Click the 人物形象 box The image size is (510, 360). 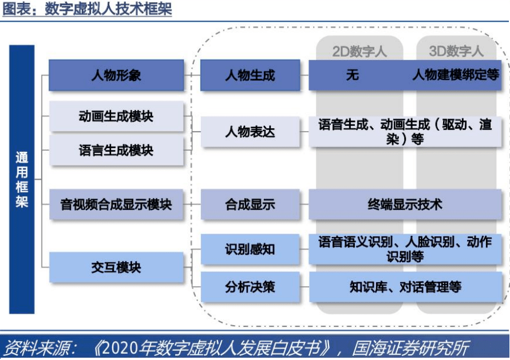pyautogui.click(x=116, y=75)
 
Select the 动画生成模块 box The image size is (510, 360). pyautogui.click(x=116, y=116)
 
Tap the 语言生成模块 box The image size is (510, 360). pyautogui.click(x=116, y=151)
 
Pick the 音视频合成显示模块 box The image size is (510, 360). pyautogui.click(x=116, y=204)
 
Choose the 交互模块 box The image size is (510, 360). pyautogui.click(x=116, y=267)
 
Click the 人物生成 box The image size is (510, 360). pyautogui.click(x=250, y=75)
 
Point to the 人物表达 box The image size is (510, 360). pyautogui.click(x=250, y=132)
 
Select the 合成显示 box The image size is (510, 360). pyautogui.click(x=250, y=204)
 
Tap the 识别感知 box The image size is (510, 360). pyautogui.click(x=250, y=249)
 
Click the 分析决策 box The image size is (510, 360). pyautogui.click(x=250, y=287)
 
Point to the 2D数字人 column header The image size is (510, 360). pyautogui.click(x=359, y=52)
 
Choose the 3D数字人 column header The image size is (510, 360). pyautogui.click(x=456, y=51)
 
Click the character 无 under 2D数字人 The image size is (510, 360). pyautogui.click(x=353, y=75)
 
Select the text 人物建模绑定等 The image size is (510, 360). pyautogui.click(x=456, y=75)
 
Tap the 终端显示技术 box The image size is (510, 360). pyautogui.click(x=405, y=204)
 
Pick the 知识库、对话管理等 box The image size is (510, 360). pyautogui.click(x=405, y=287)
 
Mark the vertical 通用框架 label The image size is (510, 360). pyautogui.click(x=22, y=179)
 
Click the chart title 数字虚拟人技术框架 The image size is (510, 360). pyautogui.click(x=108, y=9)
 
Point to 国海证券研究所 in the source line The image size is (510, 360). pyautogui.click(x=410, y=348)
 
